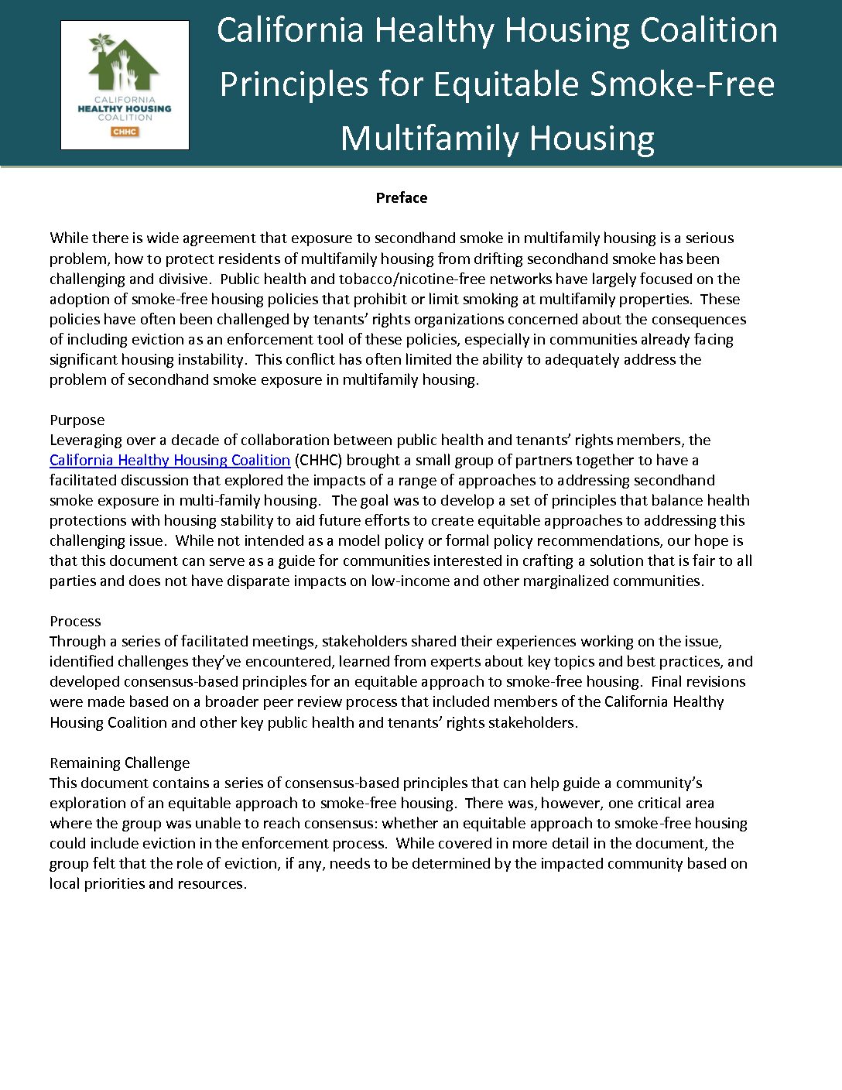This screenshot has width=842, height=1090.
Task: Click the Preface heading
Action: (x=401, y=197)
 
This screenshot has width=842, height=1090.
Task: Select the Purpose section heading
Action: (x=77, y=420)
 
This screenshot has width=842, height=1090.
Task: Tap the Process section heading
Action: (x=75, y=621)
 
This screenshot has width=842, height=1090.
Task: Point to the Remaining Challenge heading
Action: (x=119, y=763)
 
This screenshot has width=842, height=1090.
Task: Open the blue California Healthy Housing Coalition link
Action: (x=169, y=460)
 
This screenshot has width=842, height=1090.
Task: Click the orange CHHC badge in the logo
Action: (x=125, y=132)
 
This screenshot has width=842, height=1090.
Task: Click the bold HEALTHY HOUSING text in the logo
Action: (x=125, y=109)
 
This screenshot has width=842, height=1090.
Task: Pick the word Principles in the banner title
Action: (x=293, y=84)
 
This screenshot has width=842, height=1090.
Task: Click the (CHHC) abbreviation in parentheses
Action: (x=318, y=460)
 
